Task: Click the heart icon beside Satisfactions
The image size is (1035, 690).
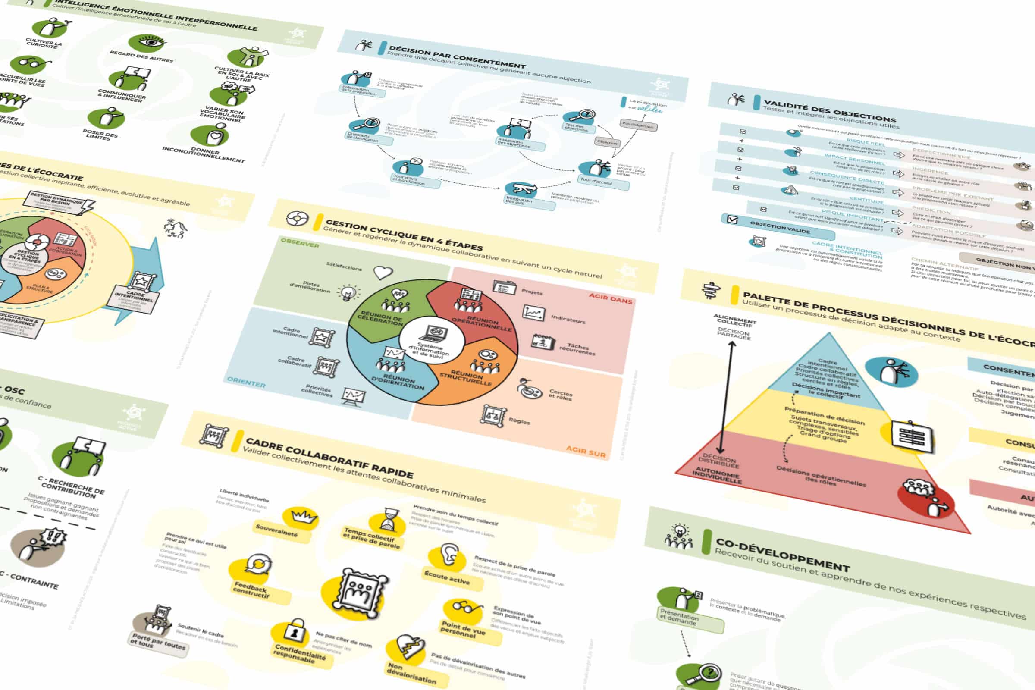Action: click(x=383, y=273)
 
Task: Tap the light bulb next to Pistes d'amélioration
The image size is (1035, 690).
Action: click(x=348, y=292)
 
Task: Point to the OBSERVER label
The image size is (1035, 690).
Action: click(x=300, y=242)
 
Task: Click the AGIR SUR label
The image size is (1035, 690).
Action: click(x=585, y=451)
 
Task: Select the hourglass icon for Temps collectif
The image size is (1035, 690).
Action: click(x=390, y=519)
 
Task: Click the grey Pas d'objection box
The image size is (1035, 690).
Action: click(x=638, y=125)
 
